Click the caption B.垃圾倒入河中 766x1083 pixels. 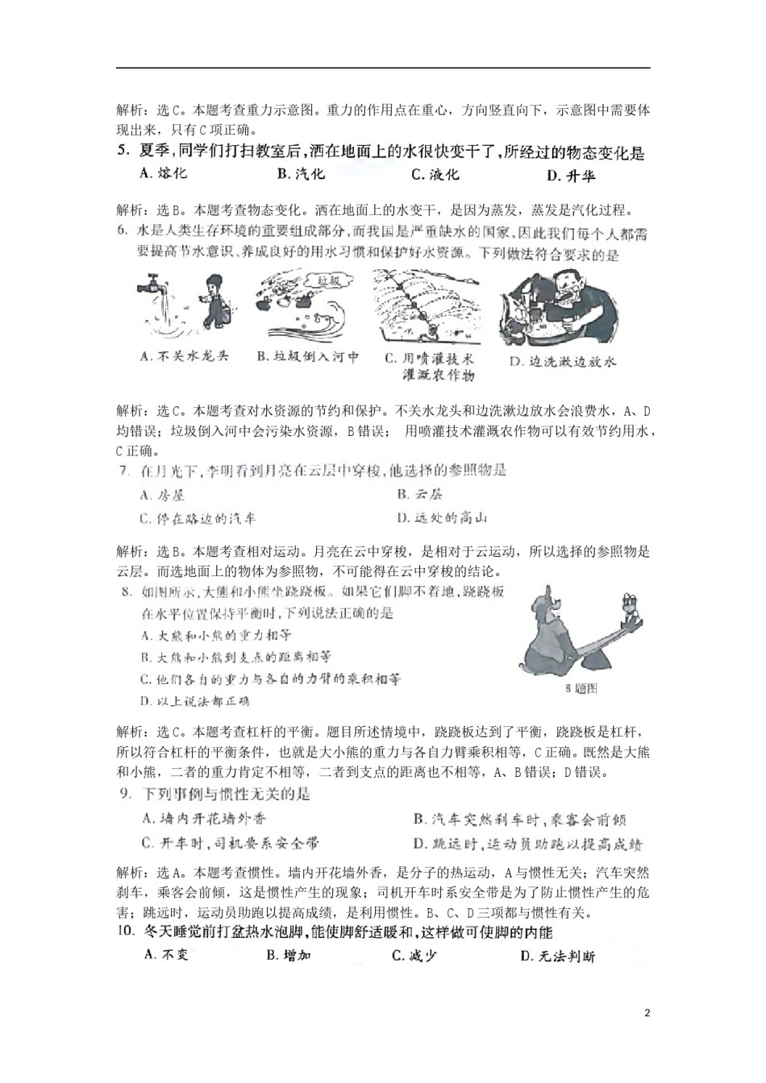coord(308,356)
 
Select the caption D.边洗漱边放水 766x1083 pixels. coord(563,361)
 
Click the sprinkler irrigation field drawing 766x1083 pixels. coord(425,305)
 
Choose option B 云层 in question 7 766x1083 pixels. coord(420,495)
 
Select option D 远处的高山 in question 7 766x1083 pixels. coord(443,518)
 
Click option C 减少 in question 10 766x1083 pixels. coord(414,956)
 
